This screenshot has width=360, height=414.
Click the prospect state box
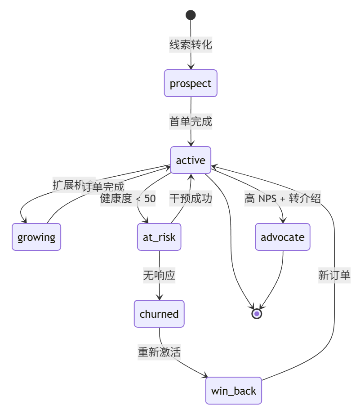191,83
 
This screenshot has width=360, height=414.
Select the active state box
191,160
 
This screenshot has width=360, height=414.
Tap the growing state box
36,237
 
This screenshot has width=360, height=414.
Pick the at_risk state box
159,237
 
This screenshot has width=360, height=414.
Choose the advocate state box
283,237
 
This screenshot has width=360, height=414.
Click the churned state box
159,314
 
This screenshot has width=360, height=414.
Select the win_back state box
234,391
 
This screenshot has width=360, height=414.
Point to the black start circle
191,15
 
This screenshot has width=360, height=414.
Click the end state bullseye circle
257,314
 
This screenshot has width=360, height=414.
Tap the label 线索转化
191,45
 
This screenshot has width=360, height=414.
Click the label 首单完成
191,121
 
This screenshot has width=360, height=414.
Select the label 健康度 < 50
128,199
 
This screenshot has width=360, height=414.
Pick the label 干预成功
191,198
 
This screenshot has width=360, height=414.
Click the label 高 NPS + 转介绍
283,198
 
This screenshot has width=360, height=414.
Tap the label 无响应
159,275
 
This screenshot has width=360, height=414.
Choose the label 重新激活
159,352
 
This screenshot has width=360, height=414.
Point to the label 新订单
334,275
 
